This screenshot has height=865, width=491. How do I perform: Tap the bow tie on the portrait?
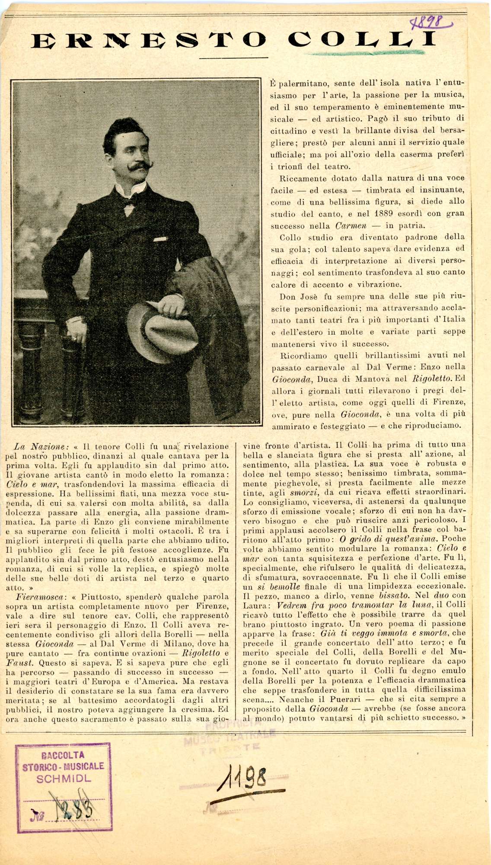(x=129, y=202)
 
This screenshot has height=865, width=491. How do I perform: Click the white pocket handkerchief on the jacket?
(x=160, y=239)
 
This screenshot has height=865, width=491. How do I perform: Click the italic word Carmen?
(x=351, y=225)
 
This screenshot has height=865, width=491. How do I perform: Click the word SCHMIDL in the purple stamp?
(x=64, y=779)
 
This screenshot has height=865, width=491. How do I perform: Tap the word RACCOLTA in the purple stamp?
(x=63, y=756)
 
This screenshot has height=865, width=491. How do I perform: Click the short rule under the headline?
(x=234, y=58)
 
